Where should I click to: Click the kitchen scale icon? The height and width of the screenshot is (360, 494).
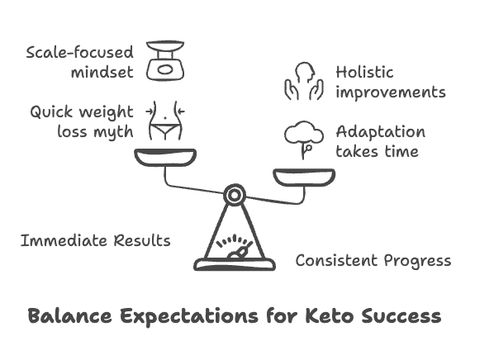pyautogui.click(x=165, y=60)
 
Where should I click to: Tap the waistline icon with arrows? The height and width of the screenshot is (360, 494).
pyautogui.click(x=165, y=121)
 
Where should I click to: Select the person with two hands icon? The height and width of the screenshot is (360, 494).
pyautogui.click(x=304, y=81)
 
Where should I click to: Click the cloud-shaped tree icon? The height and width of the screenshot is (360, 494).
pyautogui.click(x=304, y=140)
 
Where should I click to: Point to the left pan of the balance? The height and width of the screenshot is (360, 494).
pyautogui.click(x=165, y=157)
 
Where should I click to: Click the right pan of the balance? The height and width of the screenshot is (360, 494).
pyautogui.click(x=304, y=178)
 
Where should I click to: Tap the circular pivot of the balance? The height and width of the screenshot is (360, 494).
pyautogui.click(x=235, y=195)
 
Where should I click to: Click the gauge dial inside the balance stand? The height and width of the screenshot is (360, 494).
pyautogui.click(x=235, y=246)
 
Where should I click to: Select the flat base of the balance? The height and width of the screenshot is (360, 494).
pyautogui.click(x=235, y=264)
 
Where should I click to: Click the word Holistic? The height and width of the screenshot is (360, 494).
pyautogui.click(x=364, y=72)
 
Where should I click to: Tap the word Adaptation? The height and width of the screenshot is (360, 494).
pyautogui.click(x=381, y=131)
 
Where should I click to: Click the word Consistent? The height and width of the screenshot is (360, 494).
pyautogui.click(x=336, y=260)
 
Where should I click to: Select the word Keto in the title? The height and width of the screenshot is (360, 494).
pyautogui.click(x=330, y=315)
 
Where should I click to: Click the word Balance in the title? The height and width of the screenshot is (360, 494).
pyautogui.click(x=69, y=315)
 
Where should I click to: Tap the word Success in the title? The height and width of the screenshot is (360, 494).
pyautogui.click(x=401, y=315)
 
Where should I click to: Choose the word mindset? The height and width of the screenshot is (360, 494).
pyautogui.click(x=102, y=73)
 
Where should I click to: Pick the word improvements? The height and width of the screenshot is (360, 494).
pyautogui.click(x=391, y=93)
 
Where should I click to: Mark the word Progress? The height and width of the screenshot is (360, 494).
pyautogui.click(x=417, y=262)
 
